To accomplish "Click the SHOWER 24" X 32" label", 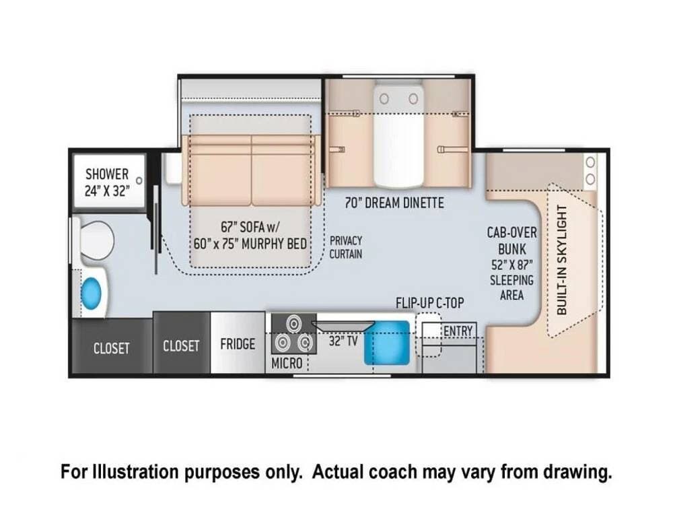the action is pos(107,182).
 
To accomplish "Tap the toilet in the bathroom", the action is pos(94,240).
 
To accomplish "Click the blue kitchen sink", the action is pos(387,342).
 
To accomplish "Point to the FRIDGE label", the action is pos(238,344).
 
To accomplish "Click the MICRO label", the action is pos(287,364).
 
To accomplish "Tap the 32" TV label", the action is pos(343,341).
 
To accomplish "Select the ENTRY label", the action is pos(458,331).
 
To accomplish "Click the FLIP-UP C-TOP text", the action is pos(429,303).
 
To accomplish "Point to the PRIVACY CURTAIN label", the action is pos(345,247).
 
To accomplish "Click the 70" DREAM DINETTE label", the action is pos(394,203).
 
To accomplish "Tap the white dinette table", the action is pos(398,135).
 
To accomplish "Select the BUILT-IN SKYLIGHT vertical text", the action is pos(562,260).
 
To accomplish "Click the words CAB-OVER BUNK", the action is pos(511,240).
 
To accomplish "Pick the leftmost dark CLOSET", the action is pos(112,346).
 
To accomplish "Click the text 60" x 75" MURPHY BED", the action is pos(250,244).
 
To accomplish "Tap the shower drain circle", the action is pos(139,180).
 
